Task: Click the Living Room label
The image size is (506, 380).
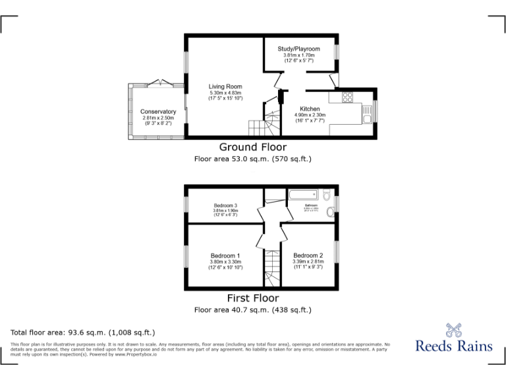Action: tap(225, 86)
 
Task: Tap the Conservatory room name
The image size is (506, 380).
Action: tap(158, 111)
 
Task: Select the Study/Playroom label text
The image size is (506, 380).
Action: tap(298, 49)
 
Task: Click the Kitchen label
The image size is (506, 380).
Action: tap(310, 109)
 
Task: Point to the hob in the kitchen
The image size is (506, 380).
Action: tap(348, 97)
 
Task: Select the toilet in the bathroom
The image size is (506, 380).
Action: tap(327, 195)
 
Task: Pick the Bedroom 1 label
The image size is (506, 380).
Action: tap(225, 255)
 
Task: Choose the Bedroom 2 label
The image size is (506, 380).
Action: tap(308, 255)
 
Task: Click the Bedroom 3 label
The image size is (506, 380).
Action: tap(225, 206)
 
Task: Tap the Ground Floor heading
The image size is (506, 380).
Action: tap(252, 147)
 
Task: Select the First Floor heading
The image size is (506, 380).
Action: tap(252, 298)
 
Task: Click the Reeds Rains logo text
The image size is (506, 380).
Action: tap(453, 346)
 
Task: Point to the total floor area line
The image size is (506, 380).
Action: tap(82, 332)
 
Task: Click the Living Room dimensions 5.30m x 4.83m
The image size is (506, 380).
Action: tap(225, 93)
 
